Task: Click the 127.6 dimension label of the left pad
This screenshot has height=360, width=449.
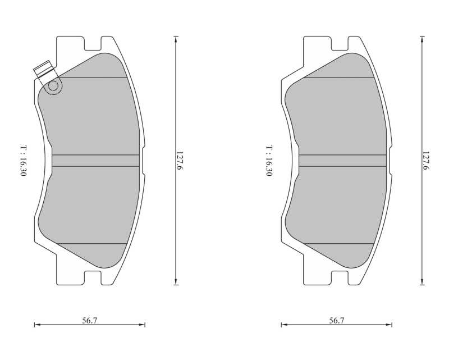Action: (180, 161)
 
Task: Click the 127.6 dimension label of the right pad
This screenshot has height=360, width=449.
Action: (425, 161)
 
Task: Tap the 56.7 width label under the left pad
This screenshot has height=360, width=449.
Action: (90, 320)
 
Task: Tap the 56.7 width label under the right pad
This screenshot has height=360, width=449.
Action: (336, 320)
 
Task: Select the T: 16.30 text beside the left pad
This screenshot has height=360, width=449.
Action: (24, 161)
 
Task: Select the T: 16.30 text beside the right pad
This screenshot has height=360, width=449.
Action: (269, 161)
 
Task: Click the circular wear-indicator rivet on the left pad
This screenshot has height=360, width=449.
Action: (53, 86)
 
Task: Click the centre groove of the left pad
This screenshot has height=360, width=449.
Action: (95, 161)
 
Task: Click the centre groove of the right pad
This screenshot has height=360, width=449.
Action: (342, 161)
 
